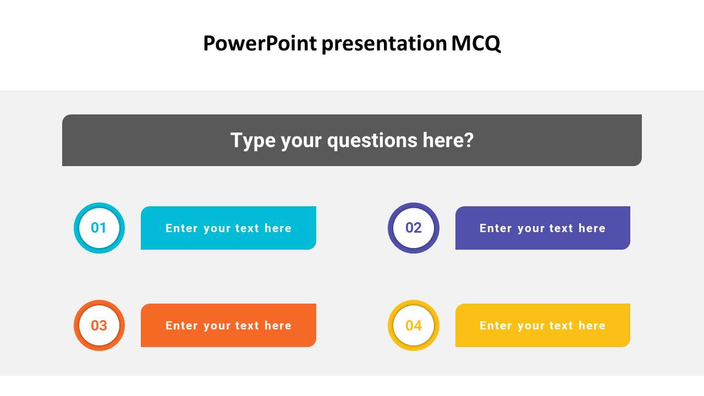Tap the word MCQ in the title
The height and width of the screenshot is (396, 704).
pos(476,43)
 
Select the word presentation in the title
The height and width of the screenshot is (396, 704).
pos(384,43)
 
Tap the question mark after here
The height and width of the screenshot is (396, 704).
pos(469,140)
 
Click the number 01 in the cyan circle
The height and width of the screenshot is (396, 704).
pos(99,228)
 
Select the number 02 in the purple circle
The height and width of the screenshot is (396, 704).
pos(414,228)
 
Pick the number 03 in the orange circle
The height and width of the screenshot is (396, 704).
pos(99,326)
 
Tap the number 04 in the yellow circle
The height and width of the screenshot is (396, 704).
pos(414,326)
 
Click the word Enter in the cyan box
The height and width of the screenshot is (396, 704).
pos(182,228)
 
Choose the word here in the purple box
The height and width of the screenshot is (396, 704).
pos(592,228)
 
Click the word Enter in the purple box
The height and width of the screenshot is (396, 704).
pos(496,228)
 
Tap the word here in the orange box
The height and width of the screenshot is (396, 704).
pos(278,326)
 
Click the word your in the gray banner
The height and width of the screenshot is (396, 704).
pos(301,140)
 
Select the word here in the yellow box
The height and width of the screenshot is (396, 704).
pos(592,326)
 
